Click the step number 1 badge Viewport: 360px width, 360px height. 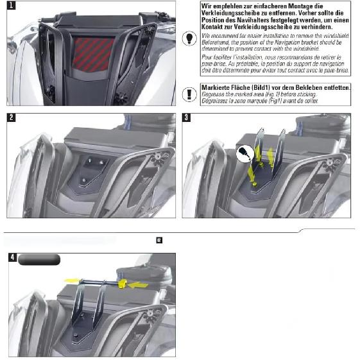12,5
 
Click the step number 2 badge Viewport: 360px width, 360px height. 12,117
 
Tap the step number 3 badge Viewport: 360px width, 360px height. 186,117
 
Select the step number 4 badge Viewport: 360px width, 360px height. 13,257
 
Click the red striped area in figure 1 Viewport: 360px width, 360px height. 92,54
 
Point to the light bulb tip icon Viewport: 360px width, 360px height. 189,38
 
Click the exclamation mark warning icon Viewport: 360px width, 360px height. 189,94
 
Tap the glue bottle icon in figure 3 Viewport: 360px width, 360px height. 245,153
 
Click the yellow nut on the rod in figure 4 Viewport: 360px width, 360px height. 123,284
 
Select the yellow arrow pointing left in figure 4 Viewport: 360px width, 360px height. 137,286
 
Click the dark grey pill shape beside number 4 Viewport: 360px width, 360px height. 39,260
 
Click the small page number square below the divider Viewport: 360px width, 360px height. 159,240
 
